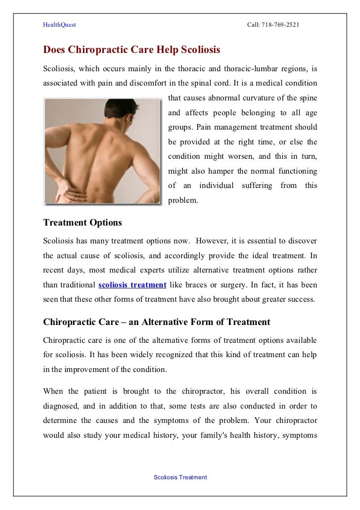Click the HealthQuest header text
pos(59,24)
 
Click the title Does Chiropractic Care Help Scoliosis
pos(132,50)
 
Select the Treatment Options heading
pos(83,223)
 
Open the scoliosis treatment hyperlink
pos(132,285)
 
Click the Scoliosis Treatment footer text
pos(180,477)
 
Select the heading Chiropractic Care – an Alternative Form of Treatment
pos(157,322)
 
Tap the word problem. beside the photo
pos(183,200)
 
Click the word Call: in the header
pos(254,24)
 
